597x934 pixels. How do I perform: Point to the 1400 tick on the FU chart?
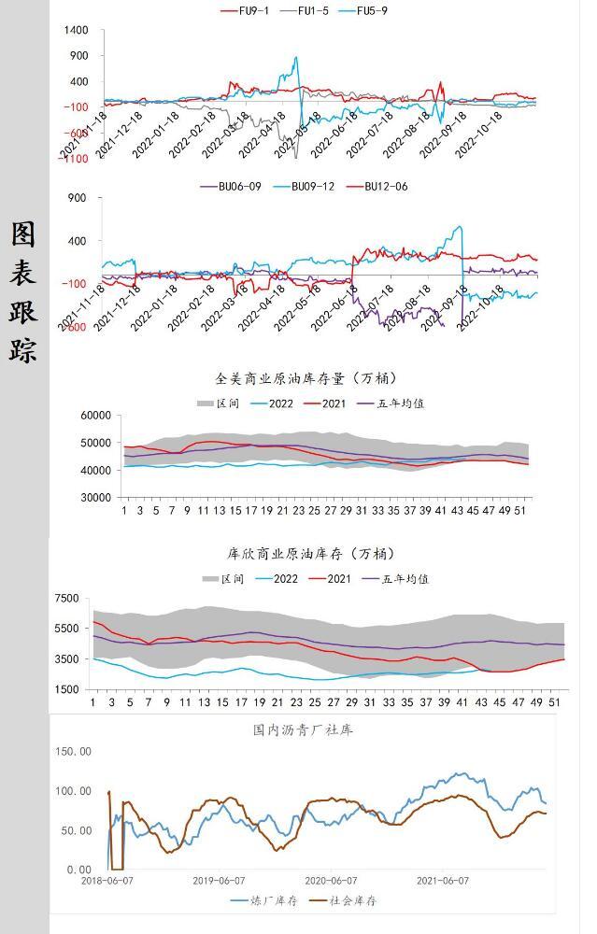76,31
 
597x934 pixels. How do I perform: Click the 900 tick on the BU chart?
77,198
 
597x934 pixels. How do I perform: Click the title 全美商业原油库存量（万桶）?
306,378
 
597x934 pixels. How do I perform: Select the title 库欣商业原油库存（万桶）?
306,553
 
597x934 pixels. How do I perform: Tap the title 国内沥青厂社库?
303,729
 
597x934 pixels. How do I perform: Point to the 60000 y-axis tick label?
96,416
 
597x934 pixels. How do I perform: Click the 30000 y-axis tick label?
96,498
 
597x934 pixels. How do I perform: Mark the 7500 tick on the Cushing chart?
66,598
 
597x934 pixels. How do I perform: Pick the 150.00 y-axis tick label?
72,751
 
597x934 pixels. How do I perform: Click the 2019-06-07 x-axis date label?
219,881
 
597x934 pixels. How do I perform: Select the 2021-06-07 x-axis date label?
442,881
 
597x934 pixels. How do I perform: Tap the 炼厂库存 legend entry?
263,901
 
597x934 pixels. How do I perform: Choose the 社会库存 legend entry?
343,901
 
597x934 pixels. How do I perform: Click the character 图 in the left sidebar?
23,233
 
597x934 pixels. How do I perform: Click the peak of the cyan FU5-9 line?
296,58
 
